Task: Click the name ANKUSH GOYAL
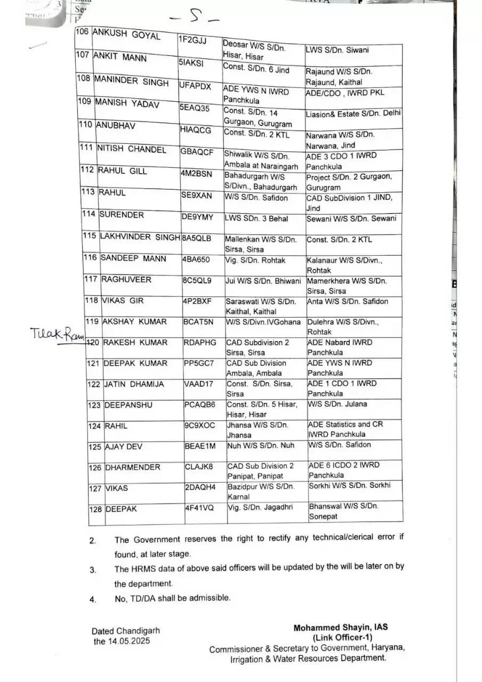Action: coord(126,35)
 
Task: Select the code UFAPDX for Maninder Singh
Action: coord(196,86)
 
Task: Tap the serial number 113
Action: coord(89,192)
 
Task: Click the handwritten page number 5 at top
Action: coord(194,18)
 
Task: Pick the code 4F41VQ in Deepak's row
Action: coord(199,508)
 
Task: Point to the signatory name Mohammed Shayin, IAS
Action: coord(341,628)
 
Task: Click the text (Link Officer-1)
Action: coord(342,638)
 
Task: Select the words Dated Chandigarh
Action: coord(125,631)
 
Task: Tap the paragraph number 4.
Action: coord(93,599)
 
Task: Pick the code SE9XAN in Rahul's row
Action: coord(196,196)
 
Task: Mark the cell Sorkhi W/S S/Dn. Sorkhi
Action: coord(349,485)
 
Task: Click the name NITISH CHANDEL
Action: coord(131,150)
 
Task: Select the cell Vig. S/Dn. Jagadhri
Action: coord(260,508)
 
